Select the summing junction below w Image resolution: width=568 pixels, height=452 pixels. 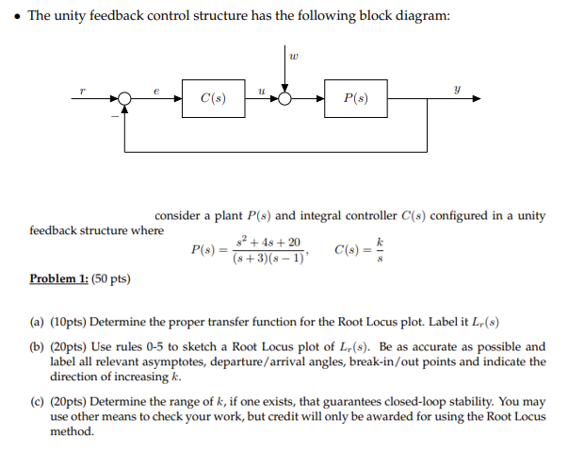click(285, 98)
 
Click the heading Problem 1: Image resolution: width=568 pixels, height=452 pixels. click(58, 279)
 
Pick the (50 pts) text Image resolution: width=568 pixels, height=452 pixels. click(111, 279)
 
